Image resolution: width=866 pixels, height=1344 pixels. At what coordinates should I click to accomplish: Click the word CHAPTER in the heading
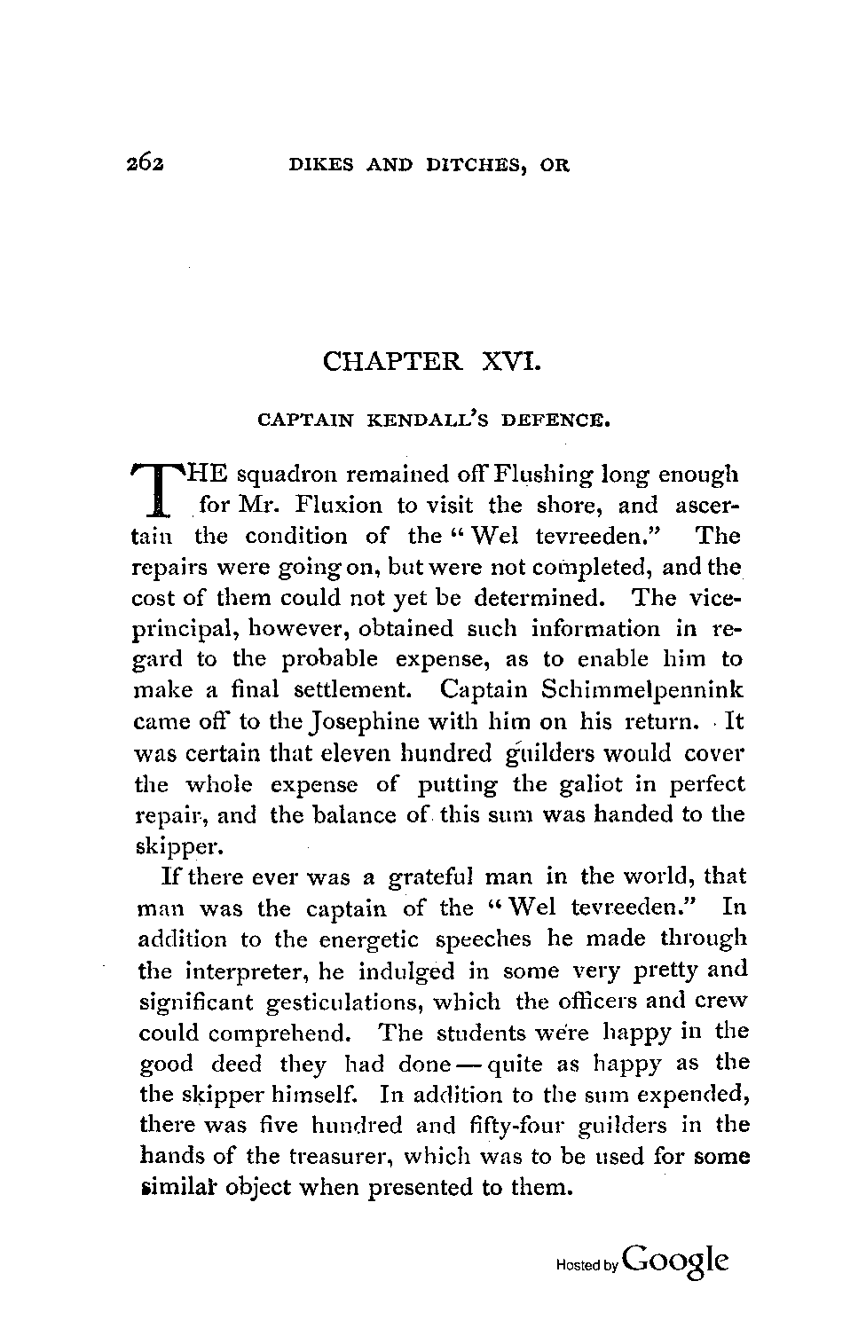pyautogui.click(x=393, y=362)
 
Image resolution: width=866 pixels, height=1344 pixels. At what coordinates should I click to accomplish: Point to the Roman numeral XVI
pyautogui.click(x=509, y=362)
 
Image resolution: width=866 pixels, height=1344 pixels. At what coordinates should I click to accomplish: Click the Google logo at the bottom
pyautogui.click(x=676, y=1260)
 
